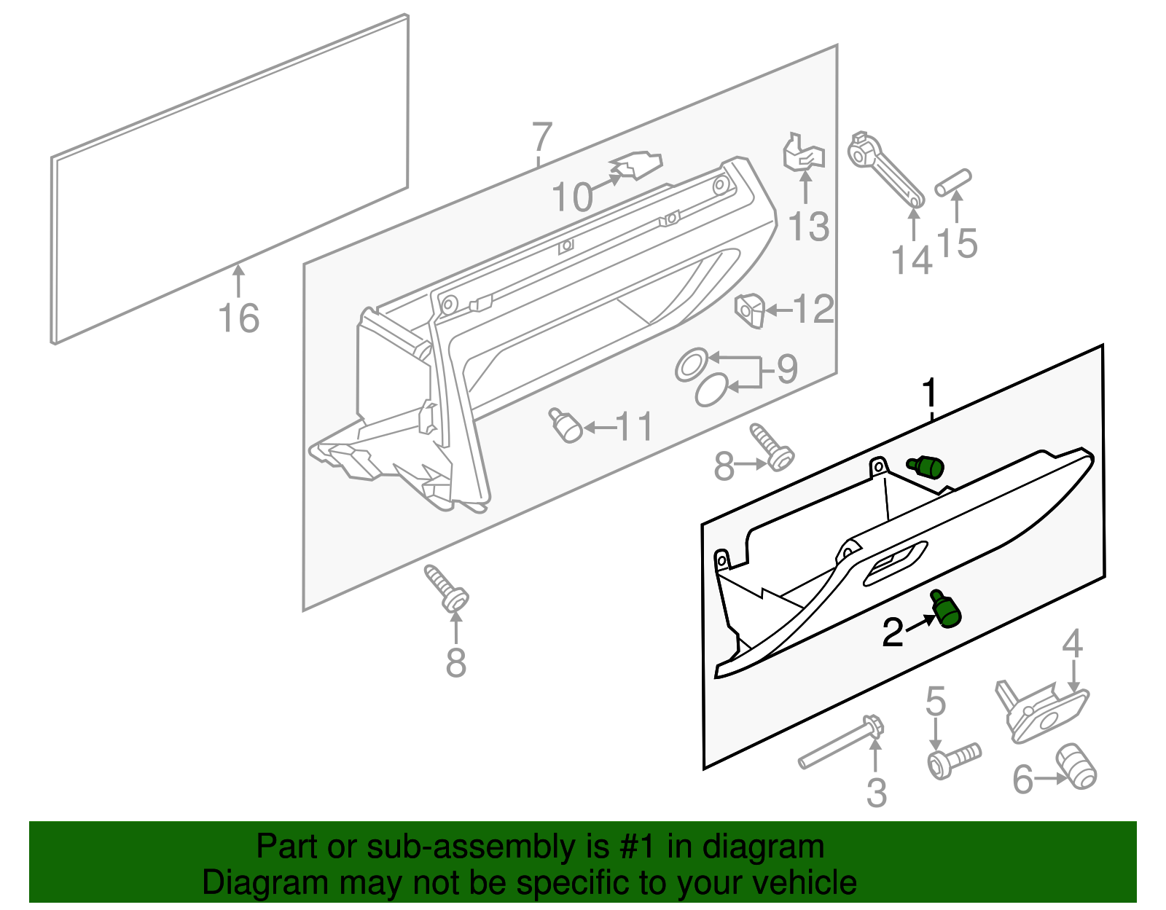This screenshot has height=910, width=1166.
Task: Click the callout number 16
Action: (x=239, y=318)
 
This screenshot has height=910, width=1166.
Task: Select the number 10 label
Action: (x=572, y=197)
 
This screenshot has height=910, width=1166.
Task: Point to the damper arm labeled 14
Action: (x=885, y=170)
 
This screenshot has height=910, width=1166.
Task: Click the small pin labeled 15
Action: (x=953, y=182)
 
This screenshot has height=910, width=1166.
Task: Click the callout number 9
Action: (x=787, y=369)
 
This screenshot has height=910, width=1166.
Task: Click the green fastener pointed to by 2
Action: (x=946, y=611)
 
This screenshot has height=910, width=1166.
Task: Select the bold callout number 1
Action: (x=929, y=393)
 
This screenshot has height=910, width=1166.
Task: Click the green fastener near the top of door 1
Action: (x=926, y=466)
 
